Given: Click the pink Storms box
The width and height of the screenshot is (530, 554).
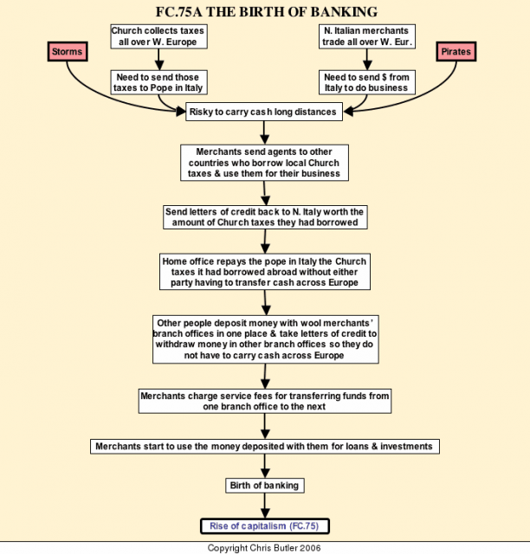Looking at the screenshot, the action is point(68,52).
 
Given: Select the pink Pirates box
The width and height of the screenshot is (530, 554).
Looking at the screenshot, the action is point(456,52).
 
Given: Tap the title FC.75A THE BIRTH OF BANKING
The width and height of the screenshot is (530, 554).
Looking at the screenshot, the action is point(267,12).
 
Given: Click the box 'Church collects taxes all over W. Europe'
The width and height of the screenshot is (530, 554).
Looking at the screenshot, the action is point(158,36).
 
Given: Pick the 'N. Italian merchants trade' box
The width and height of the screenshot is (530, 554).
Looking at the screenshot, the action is point(367,36).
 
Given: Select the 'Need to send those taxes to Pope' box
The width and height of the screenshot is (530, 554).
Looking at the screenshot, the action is point(158,82).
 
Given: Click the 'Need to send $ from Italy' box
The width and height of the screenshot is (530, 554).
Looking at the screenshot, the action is point(367,82).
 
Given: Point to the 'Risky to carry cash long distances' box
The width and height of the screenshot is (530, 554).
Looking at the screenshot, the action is point(264,112).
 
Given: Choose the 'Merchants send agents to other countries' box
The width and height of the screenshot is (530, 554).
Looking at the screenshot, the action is point(264,163).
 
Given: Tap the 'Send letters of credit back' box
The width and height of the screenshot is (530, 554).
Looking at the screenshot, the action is point(265,217).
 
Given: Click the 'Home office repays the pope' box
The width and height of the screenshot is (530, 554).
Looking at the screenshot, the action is point(265,272).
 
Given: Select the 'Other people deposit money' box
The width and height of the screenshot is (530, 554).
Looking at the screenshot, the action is point(266,339).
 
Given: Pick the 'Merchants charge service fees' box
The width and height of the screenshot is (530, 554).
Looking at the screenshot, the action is point(265,401).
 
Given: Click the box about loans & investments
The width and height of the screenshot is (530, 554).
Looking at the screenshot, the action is point(265,447).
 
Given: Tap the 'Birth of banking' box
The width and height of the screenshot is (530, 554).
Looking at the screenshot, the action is point(265,486).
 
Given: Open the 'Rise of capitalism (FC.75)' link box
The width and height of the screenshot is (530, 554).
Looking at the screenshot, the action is point(265,526).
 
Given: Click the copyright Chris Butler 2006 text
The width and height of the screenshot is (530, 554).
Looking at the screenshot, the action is point(264,548).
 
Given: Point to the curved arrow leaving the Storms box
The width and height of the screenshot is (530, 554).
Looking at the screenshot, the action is point(106,96).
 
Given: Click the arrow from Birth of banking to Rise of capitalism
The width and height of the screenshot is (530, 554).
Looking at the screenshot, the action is point(265,506).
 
